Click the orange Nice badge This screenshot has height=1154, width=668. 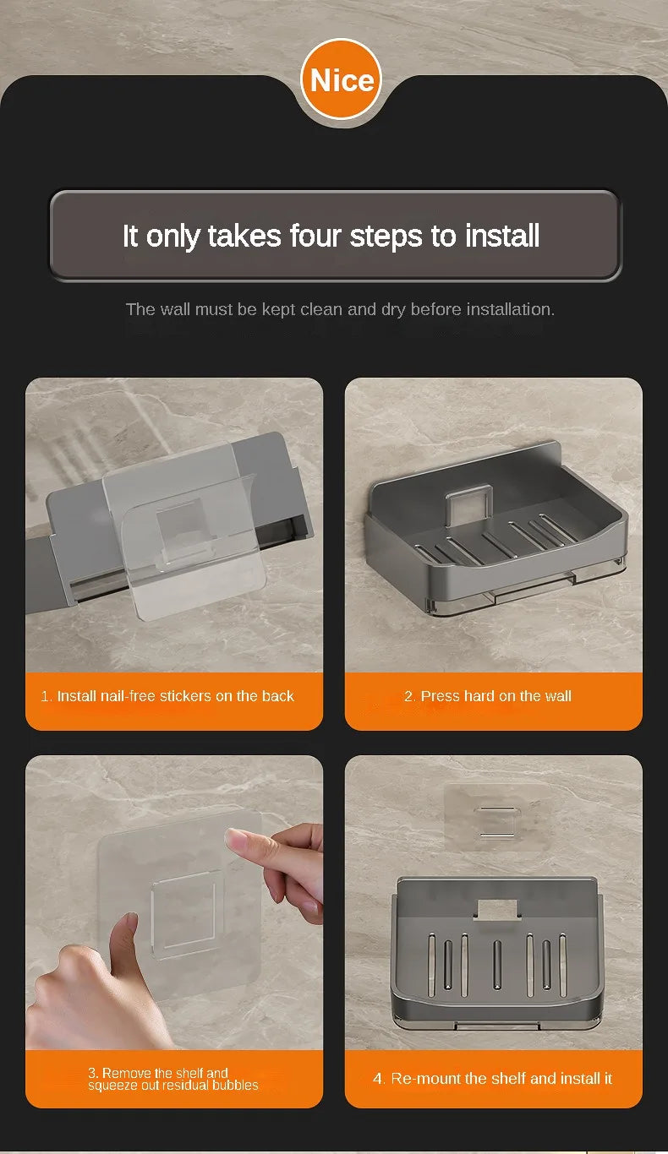pos(341,79)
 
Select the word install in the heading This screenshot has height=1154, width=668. pos(502,236)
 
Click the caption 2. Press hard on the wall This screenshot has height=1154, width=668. pos(487,696)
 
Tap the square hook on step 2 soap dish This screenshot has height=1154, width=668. pos(468,505)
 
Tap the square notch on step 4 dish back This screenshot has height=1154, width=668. pos(497,909)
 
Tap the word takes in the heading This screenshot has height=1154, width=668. pos(244,236)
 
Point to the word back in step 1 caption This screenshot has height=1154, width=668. pos(277,696)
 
